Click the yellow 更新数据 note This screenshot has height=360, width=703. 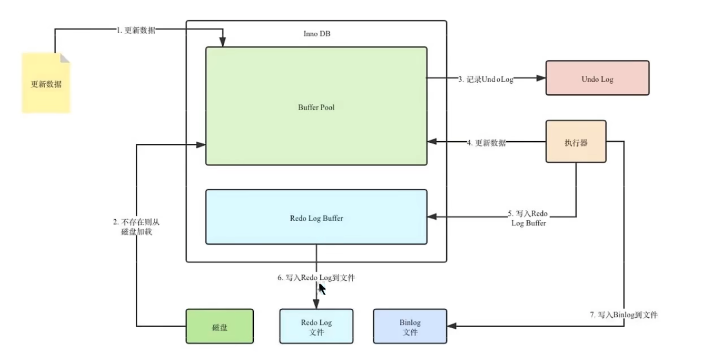[x=47, y=83]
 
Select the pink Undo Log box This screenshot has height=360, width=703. [x=597, y=78]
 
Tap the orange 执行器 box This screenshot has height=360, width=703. [x=576, y=142]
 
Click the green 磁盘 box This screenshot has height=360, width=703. [x=220, y=326]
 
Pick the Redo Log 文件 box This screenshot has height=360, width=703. [x=316, y=326]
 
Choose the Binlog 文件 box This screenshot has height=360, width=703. [x=410, y=326]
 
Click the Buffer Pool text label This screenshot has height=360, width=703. [x=316, y=107]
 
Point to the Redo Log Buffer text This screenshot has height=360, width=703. [x=316, y=218]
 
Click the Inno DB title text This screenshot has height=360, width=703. [x=317, y=34]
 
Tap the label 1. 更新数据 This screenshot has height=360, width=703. [x=136, y=30]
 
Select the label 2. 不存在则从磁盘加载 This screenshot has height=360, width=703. [x=137, y=227]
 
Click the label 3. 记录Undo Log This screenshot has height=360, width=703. [x=485, y=79]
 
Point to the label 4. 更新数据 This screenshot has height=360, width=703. [x=486, y=143]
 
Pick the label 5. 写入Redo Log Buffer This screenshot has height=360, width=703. [x=528, y=218]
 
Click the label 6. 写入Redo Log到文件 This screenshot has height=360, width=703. [x=316, y=278]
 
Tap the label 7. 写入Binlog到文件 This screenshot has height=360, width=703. [x=624, y=315]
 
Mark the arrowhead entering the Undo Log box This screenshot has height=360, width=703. [x=541, y=78]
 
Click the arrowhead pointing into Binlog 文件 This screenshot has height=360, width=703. [x=451, y=326]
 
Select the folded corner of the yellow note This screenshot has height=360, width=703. [x=65, y=58]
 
